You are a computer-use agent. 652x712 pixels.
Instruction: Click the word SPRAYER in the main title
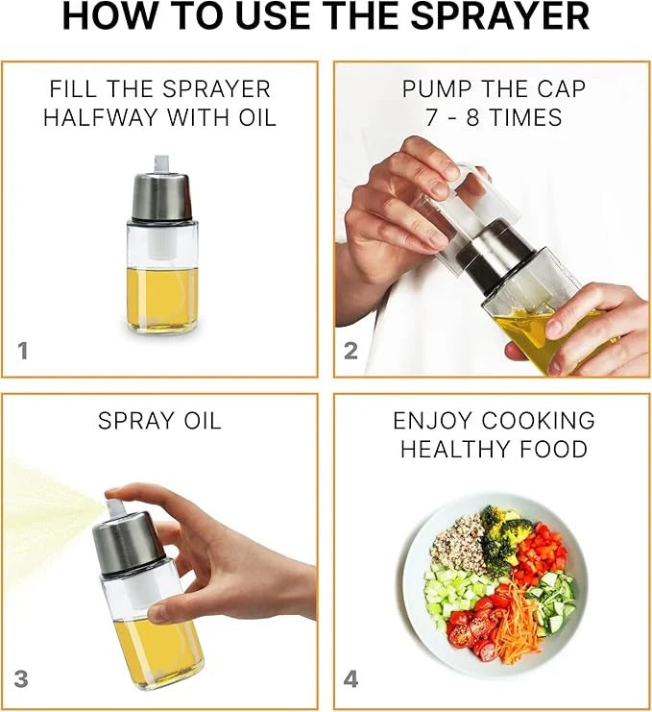click(499, 16)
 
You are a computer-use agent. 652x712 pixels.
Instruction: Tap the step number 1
click(23, 351)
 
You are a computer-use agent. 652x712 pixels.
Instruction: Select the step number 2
click(350, 351)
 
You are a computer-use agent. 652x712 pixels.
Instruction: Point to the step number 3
click(21, 679)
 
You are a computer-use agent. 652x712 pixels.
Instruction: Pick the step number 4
click(350, 679)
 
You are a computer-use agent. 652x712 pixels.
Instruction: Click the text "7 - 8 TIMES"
click(494, 117)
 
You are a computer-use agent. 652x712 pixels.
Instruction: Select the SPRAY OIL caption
click(159, 421)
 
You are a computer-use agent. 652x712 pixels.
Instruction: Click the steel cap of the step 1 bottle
click(161, 196)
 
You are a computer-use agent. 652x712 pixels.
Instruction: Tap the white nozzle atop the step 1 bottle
click(162, 164)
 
